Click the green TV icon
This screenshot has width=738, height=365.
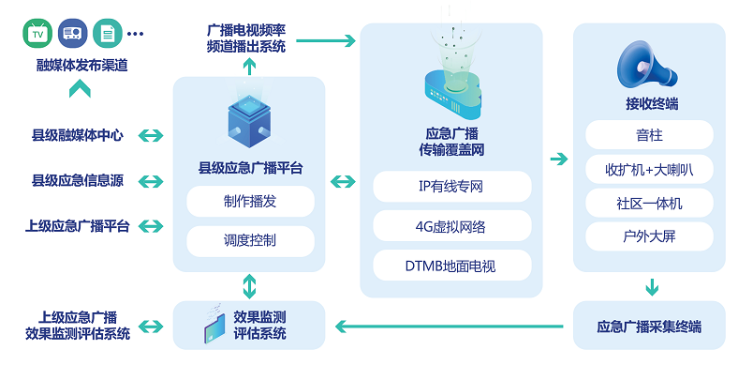click(x=37, y=34)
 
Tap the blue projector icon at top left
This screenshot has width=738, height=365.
click(x=72, y=34)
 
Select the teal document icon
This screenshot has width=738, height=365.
click(x=107, y=34)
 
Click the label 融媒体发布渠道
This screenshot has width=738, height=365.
click(x=81, y=66)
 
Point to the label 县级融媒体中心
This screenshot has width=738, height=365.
click(x=77, y=135)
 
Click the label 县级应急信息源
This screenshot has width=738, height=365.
click(x=77, y=180)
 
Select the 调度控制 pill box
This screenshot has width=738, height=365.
click(x=249, y=240)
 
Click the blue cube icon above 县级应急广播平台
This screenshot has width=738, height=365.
click(x=249, y=121)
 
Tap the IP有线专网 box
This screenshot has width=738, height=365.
click(x=450, y=186)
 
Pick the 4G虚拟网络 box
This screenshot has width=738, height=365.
click(x=450, y=226)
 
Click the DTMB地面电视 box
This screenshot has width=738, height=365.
click(x=450, y=266)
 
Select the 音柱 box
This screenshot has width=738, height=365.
click(x=648, y=135)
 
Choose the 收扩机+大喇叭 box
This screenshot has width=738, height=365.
click(x=648, y=169)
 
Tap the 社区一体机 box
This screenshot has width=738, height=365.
click(x=648, y=203)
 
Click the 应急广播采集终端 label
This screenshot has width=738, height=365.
click(x=648, y=327)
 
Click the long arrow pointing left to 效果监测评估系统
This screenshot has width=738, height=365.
click(x=449, y=327)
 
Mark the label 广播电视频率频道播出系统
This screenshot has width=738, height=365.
click(x=250, y=38)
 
